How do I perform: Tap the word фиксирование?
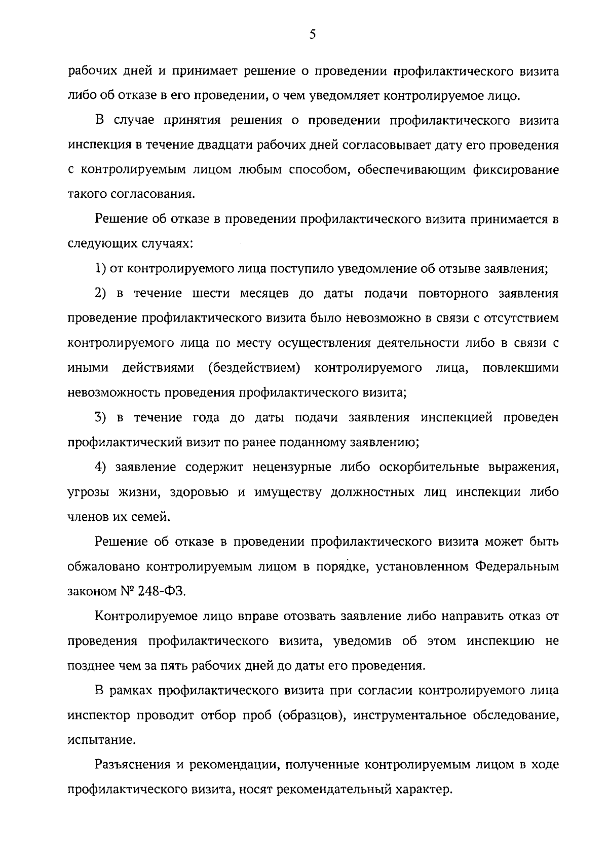tap(516, 170)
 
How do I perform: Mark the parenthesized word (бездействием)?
tap(254, 368)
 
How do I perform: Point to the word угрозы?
tap(88, 492)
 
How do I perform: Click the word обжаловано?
tap(103, 566)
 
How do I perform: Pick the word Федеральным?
tap(517, 566)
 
